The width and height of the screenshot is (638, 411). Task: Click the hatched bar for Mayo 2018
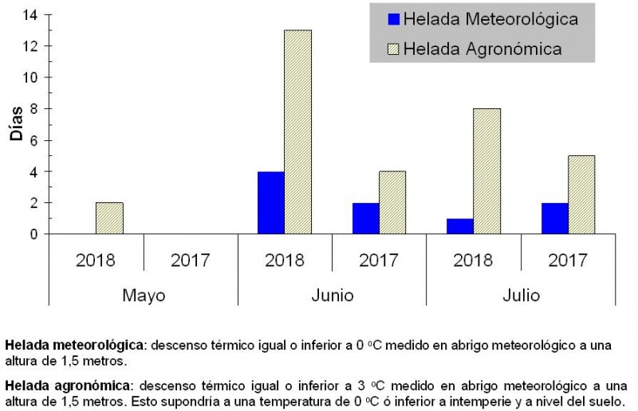109,218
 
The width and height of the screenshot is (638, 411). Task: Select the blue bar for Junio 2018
270,202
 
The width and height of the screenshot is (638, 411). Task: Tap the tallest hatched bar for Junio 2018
297,132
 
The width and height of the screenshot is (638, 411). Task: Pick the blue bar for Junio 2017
365,218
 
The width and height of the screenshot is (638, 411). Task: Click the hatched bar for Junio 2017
392,202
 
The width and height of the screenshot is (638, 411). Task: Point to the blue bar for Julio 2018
459,226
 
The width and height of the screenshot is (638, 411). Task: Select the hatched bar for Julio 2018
486,171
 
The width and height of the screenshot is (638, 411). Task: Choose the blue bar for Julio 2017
553,218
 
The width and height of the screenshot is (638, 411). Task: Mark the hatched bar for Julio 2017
581,194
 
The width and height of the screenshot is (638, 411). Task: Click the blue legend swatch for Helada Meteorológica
392,19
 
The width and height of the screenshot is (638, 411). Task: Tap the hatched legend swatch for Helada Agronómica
392,49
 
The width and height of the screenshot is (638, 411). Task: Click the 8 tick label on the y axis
33,109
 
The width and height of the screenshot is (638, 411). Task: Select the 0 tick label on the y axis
33,234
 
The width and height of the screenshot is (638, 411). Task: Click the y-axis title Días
17,124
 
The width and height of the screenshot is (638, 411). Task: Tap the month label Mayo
144,296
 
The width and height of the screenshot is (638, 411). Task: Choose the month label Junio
332,296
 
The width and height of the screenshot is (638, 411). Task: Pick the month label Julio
520,296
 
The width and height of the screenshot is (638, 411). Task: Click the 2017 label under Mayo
191,260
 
